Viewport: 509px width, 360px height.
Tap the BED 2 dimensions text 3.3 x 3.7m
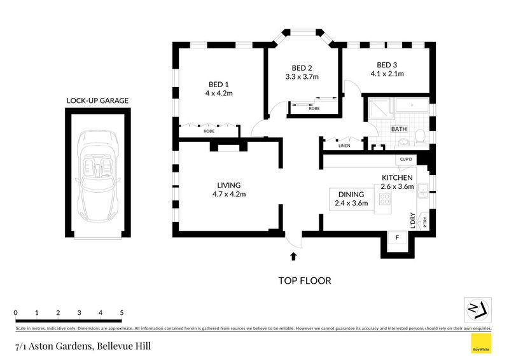tap(301, 77)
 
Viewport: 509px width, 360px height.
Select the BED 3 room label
tap(386, 65)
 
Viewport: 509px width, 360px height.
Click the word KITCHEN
tap(398, 177)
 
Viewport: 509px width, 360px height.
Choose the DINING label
tap(351, 195)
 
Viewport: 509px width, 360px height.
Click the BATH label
tap(399, 129)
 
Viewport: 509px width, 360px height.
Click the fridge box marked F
tap(398, 238)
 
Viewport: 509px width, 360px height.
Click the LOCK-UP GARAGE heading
tap(98, 100)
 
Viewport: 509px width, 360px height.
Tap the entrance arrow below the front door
tap(293, 256)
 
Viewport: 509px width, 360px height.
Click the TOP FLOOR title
tap(304, 280)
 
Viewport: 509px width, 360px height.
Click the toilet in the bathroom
tap(419, 135)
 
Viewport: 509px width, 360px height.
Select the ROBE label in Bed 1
tap(209, 130)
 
